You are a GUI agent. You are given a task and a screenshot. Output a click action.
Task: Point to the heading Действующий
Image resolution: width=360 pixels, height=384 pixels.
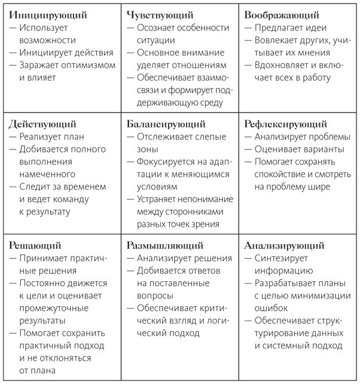[43, 124]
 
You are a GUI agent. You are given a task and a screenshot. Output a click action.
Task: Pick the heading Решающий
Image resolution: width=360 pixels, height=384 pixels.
[35, 245]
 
